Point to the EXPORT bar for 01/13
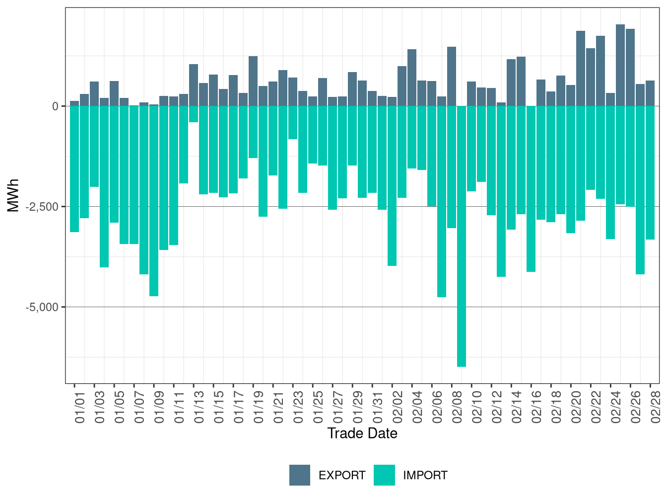pyautogui.click(x=194, y=85)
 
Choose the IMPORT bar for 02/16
pyautogui.click(x=531, y=189)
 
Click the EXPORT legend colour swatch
pyautogui.click(x=300, y=475)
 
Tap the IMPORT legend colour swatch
pyautogui.click(x=384, y=475)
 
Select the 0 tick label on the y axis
pyautogui.click(x=56, y=106)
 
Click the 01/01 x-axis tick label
pyautogui.click(x=80, y=408)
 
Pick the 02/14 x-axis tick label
pyautogui.click(x=517, y=408)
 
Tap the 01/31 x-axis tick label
pyautogui.click(x=378, y=408)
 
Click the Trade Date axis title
pyautogui.click(x=362, y=433)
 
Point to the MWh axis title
pyautogui.click(x=13, y=195)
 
